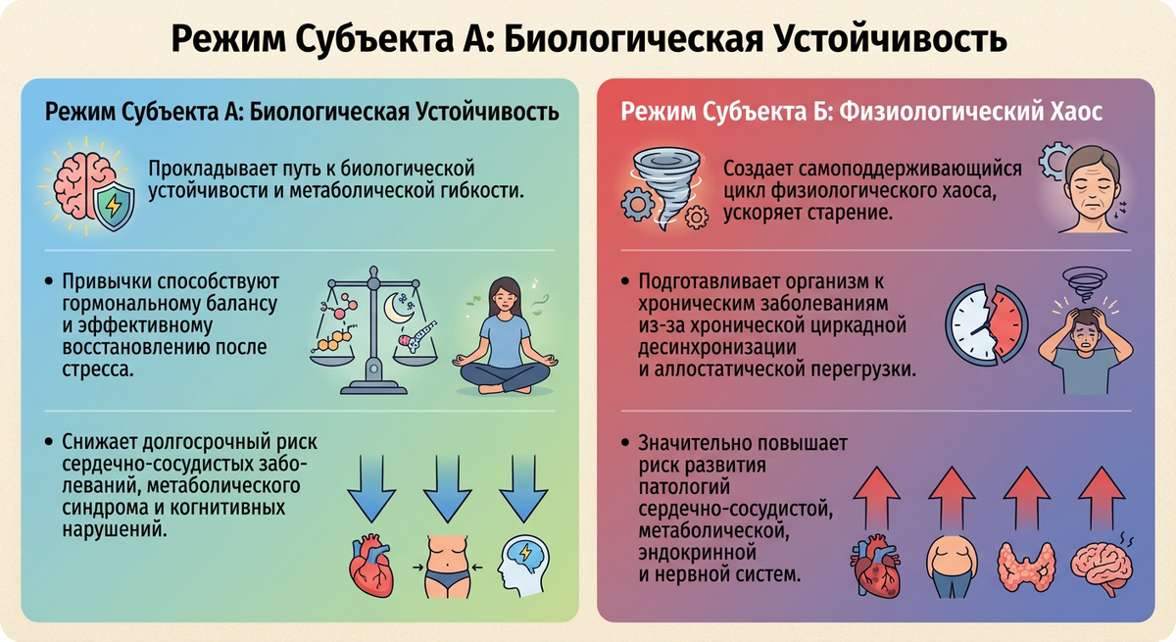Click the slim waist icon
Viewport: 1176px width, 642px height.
[449, 566]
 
